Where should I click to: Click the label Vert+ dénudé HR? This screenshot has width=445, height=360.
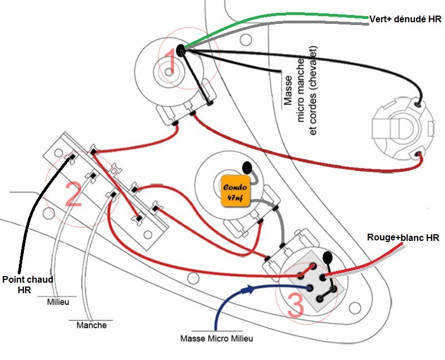(x=404, y=18)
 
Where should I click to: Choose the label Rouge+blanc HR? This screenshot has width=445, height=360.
(x=403, y=238)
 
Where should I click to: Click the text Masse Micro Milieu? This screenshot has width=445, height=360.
(x=213, y=338)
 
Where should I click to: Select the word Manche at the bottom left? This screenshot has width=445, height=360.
(x=92, y=325)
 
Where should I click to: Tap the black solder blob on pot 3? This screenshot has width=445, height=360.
(x=328, y=258)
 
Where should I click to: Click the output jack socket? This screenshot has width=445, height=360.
(x=402, y=127)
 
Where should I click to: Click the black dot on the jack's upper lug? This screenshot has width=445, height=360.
(x=418, y=103)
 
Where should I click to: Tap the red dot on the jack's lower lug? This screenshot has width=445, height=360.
(x=419, y=154)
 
